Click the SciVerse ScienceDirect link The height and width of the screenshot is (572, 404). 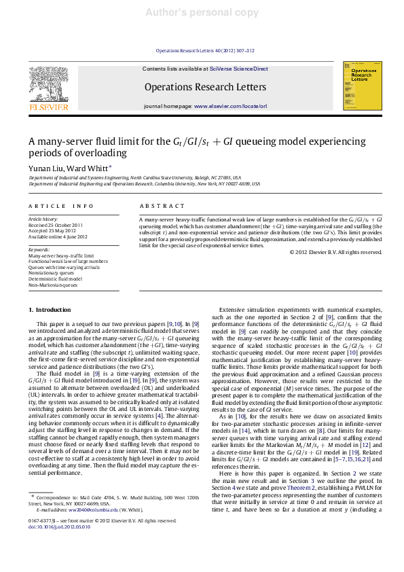click(238, 69)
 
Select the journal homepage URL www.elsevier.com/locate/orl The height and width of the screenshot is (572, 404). click(230, 107)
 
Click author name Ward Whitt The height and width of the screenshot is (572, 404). click(88, 168)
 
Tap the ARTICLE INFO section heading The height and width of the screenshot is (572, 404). click(61, 206)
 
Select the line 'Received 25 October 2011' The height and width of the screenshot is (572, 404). click(56, 225)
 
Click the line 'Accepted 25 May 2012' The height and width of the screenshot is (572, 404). click(52, 230)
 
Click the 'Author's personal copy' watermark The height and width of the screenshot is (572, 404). click(202, 13)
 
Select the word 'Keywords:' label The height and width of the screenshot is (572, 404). click(39, 249)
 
